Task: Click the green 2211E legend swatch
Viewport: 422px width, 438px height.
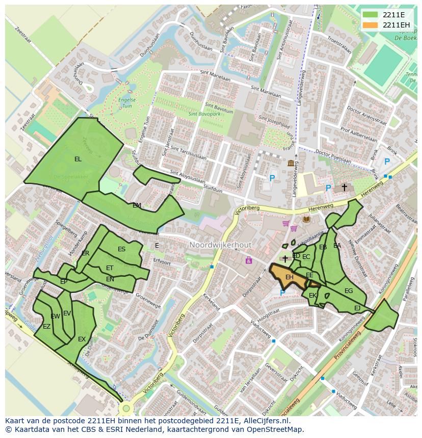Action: tap(370, 14)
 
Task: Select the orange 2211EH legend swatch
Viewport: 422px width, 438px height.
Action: tap(370, 24)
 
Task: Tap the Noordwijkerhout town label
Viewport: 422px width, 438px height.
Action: tap(220, 245)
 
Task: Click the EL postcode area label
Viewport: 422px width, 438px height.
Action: tap(77, 159)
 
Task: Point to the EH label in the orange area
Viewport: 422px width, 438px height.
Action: tap(289, 277)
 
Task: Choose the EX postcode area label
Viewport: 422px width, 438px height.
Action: tap(82, 339)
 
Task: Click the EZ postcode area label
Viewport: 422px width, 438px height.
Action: tap(46, 327)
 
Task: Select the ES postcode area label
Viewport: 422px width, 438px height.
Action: tap(121, 249)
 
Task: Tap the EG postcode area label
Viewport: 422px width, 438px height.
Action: tap(349, 291)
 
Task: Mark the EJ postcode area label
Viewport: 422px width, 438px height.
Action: tap(357, 308)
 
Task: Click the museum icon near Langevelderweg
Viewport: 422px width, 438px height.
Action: tap(291, 163)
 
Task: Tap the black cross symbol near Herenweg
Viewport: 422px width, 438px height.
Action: tap(344, 187)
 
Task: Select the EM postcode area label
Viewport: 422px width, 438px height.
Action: tap(137, 206)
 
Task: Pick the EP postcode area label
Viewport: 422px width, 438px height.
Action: tap(64, 281)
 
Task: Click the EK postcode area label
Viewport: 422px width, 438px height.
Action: tap(312, 295)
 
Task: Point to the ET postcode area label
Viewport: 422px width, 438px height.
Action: tap(110, 268)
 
